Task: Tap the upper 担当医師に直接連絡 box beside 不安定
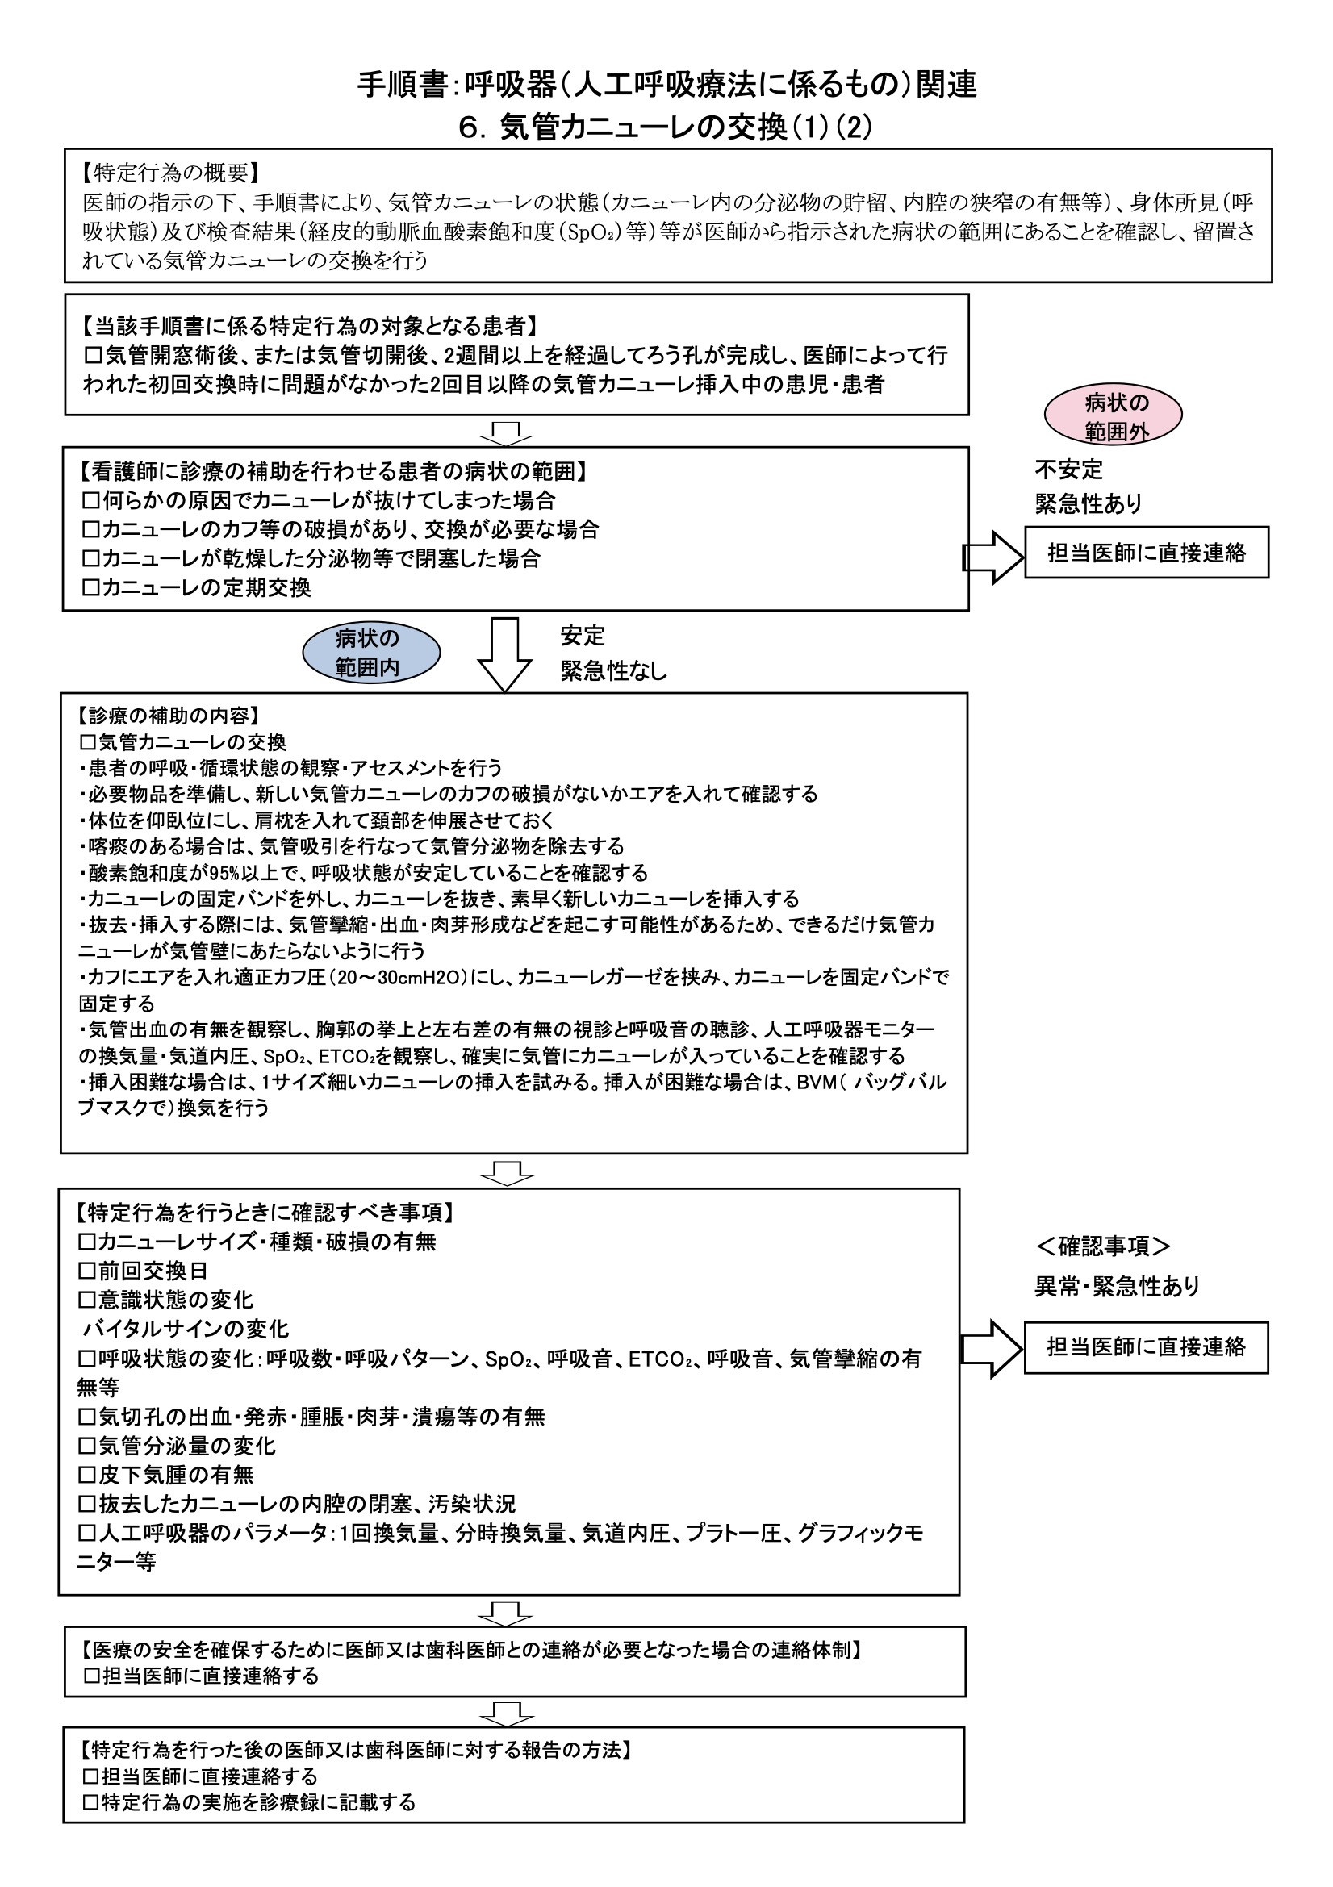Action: tap(1146, 553)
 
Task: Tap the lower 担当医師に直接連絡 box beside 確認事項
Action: tap(1146, 1347)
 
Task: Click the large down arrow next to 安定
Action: tap(504, 654)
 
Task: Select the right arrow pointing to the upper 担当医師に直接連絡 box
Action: tap(992, 557)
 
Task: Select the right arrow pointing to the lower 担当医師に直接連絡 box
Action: tap(990, 1349)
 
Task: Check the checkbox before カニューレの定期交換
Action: tap(90, 587)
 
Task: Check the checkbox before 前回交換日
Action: tap(86, 1271)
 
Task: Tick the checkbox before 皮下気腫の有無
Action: tap(86, 1475)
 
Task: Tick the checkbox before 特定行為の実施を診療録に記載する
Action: tap(90, 1802)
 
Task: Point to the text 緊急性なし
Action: tap(613, 671)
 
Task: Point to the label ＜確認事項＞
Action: tap(1102, 1246)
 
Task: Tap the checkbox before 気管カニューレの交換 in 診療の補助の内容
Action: tap(87, 742)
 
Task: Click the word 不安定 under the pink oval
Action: tap(1068, 470)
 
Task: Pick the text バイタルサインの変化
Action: tap(186, 1329)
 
